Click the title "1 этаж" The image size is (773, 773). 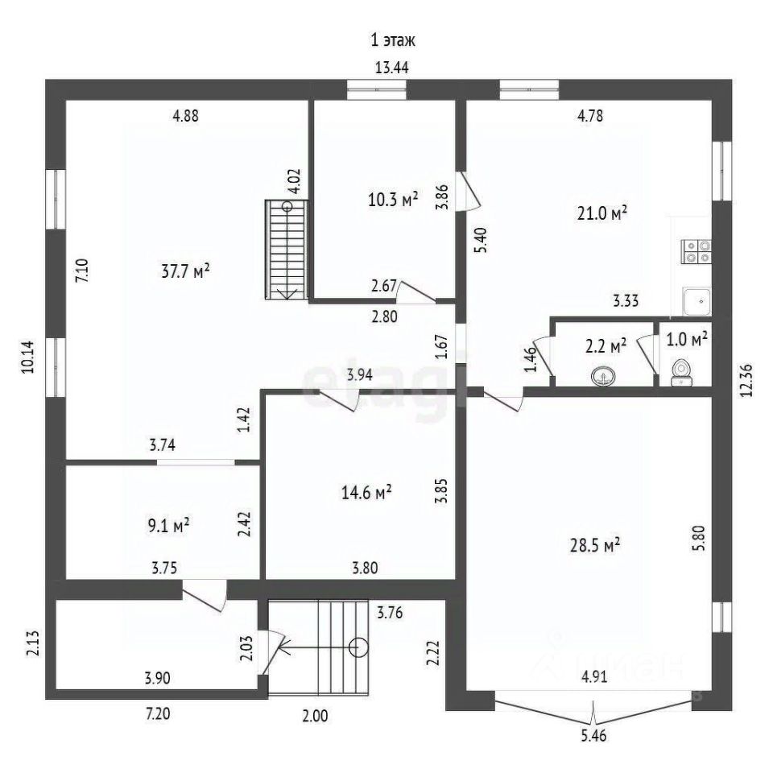[392, 40]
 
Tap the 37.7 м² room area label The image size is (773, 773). [186, 271]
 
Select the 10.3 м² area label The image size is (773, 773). [393, 200]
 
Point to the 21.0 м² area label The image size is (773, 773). [602, 213]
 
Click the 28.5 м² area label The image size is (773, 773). [595, 546]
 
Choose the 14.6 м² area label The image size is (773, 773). [366, 492]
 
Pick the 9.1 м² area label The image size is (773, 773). [168, 526]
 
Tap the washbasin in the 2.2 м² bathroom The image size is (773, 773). [603, 376]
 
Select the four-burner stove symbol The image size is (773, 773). [696, 251]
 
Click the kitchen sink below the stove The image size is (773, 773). [696, 301]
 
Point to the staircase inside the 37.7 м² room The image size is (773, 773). [287, 250]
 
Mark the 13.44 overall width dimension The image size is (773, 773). [392, 68]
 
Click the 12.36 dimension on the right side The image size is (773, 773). [747, 380]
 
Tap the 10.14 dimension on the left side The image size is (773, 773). [27, 357]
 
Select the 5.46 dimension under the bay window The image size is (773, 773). [593, 736]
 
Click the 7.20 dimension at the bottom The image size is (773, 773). [158, 713]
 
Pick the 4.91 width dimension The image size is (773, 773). [594, 676]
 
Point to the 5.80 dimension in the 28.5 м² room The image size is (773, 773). [701, 539]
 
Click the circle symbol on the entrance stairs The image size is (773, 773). [358, 647]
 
